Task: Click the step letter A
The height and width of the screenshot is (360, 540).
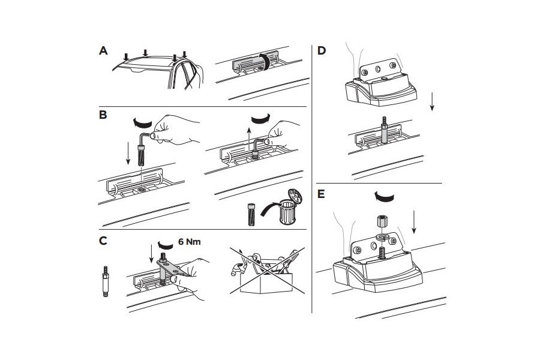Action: (103, 52)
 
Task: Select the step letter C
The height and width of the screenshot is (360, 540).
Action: (103, 242)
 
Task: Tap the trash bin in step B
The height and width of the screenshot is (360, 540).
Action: (289, 206)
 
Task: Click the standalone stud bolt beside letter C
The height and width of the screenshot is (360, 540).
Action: (106, 281)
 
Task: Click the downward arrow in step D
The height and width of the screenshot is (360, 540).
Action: (432, 102)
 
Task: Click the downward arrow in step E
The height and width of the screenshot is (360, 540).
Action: (413, 227)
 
